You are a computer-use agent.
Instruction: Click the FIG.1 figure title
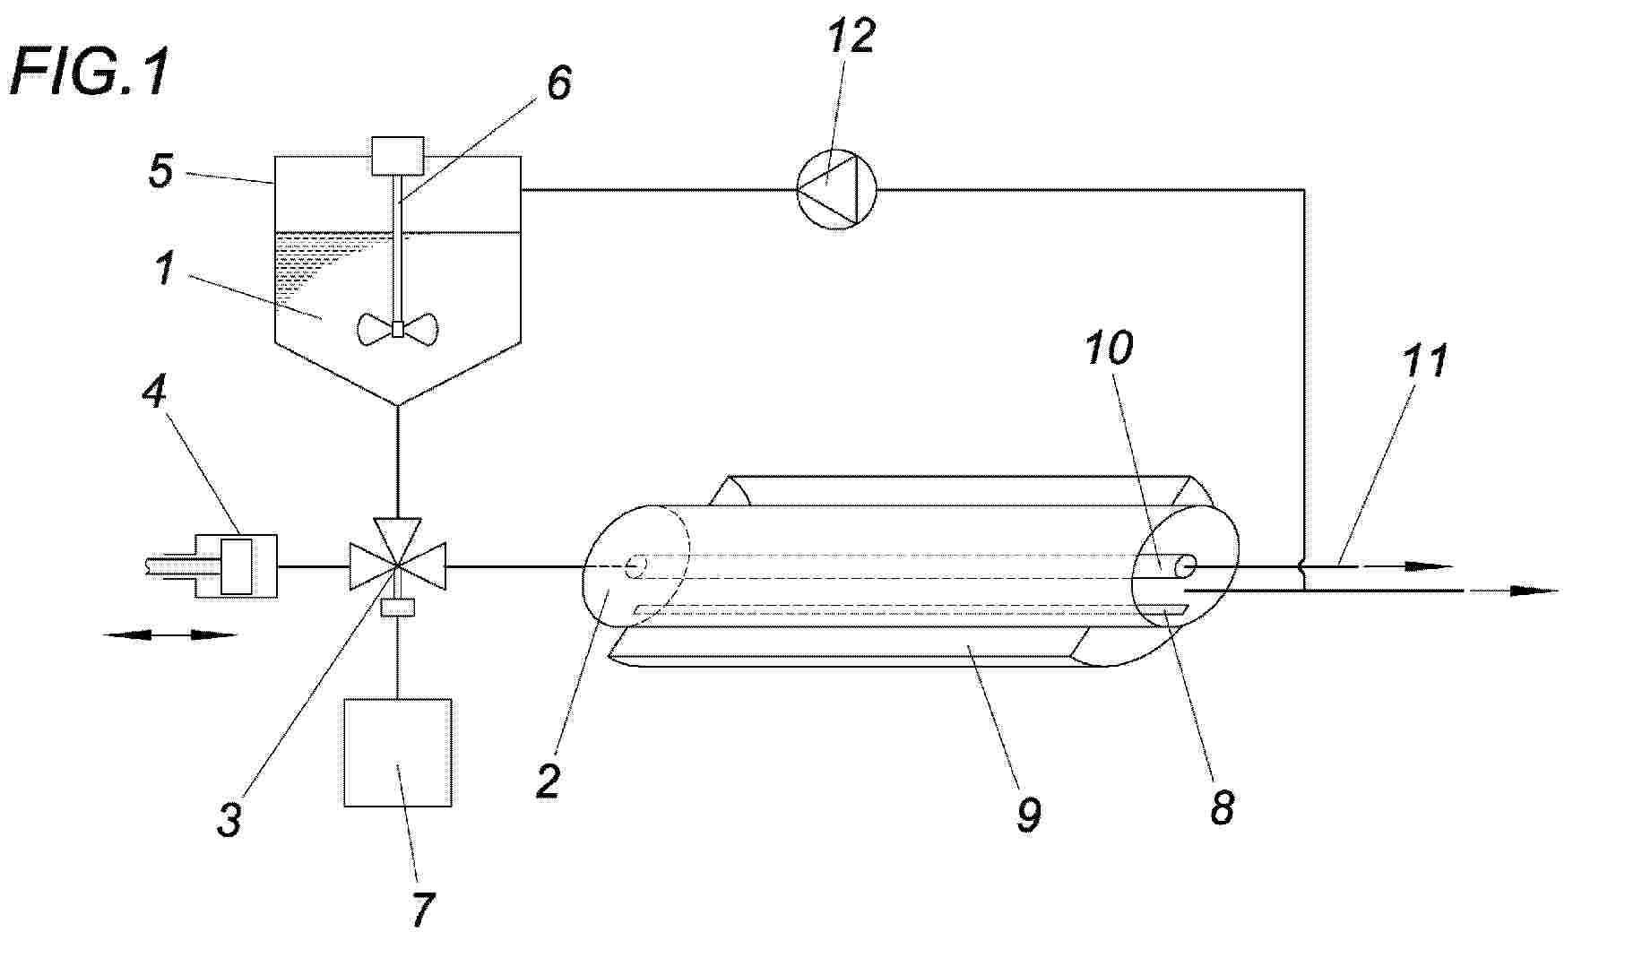[x=91, y=73]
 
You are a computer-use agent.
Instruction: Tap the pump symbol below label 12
[x=837, y=189]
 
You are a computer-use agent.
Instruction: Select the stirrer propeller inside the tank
[x=398, y=329]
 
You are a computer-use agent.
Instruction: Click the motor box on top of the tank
[x=397, y=156]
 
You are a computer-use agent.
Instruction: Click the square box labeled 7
[x=398, y=753]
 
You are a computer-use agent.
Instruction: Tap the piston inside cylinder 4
[x=238, y=565]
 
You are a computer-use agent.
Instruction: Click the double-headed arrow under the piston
[x=170, y=635]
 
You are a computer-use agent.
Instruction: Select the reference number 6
[x=558, y=83]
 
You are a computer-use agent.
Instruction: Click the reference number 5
[x=161, y=171]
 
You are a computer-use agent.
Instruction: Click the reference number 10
[x=1109, y=348]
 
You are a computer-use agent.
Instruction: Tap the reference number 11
[x=1424, y=361]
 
